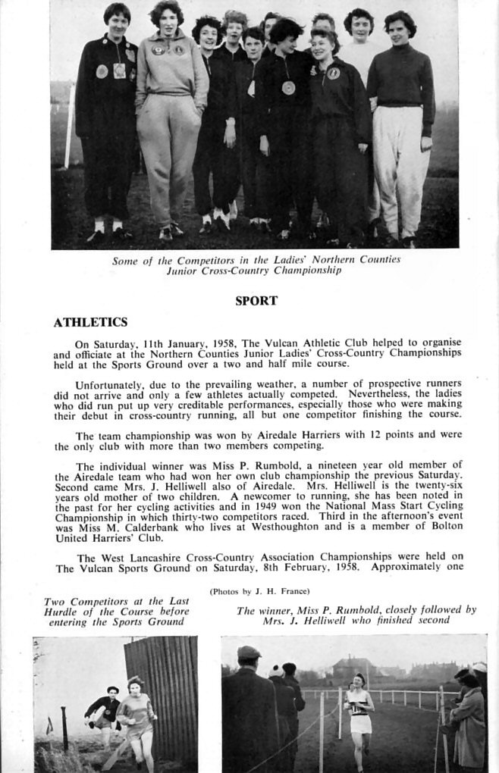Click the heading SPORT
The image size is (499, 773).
[256, 301]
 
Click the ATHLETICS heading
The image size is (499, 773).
[90, 323]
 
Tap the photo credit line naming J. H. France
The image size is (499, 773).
[259, 591]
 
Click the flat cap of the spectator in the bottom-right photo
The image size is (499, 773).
[249, 652]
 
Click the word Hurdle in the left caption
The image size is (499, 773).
[66, 612]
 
